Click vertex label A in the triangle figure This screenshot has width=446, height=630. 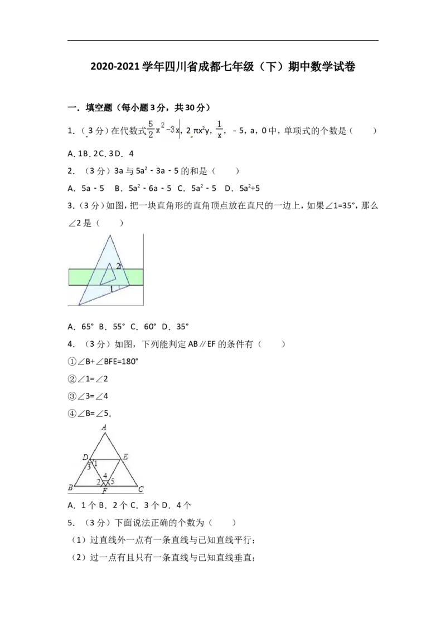coord(104,427)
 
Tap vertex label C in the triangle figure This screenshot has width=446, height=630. coord(141,489)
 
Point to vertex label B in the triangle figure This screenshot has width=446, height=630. coord(70,488)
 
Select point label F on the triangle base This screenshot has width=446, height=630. coord(105,491)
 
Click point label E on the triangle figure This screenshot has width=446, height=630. coord(125,457)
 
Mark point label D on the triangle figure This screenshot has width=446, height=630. coord(85,457)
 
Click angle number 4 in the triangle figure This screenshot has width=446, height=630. coord(105,476)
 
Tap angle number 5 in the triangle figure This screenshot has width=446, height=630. coord(112,481)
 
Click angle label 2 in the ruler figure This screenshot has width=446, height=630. coord(118,265)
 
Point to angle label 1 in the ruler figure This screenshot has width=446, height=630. coord(112,288)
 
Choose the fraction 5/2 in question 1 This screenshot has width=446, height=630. coord(151,129)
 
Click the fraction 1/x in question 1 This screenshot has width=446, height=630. coord(220,129)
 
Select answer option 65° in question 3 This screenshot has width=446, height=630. coord(88,327)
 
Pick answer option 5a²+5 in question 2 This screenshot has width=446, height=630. coord(250,188)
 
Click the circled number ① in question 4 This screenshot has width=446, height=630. coord(72,362)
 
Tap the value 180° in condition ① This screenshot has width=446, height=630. coord(129,361)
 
